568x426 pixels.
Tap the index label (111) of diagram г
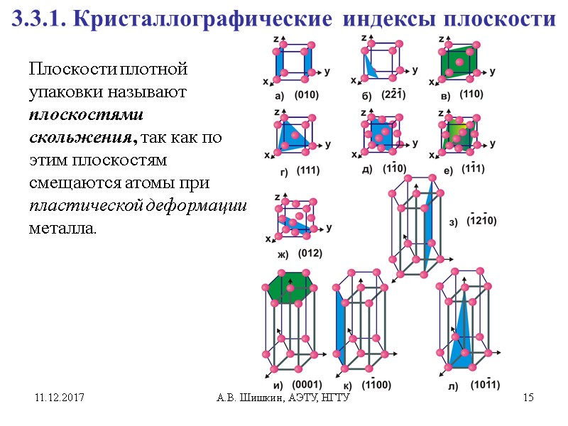click(309, 170)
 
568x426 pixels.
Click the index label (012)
click(310, 253)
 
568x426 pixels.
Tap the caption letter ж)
click(282, 254)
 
